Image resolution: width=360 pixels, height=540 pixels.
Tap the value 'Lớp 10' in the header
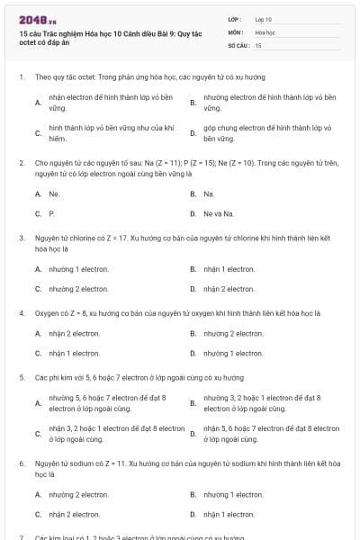264,19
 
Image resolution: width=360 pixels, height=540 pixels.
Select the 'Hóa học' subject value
265,31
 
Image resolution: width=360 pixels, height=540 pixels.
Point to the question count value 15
258,44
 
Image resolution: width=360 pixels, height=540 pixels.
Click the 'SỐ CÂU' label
238,44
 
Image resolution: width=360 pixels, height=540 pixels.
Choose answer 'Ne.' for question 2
55,193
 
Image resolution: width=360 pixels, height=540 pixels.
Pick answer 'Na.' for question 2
209,193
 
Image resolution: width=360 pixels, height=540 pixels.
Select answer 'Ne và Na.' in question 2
219,213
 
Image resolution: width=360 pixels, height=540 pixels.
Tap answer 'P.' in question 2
52,213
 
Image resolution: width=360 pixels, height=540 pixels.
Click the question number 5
21,378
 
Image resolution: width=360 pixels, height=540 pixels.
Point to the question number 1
21,77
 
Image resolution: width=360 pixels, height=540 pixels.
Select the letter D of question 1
193,133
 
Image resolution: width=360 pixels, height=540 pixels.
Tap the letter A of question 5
38,403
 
